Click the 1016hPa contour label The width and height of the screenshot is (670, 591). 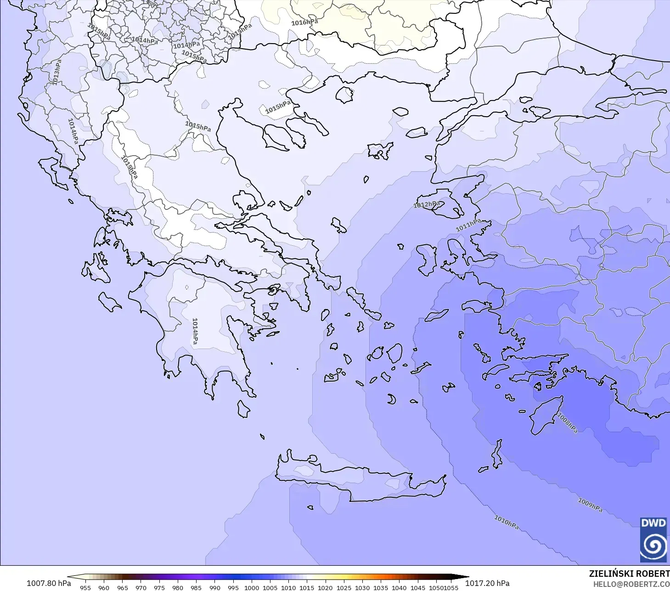304,22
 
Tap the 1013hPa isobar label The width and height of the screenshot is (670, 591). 56,72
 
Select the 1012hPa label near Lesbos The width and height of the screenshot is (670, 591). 427,204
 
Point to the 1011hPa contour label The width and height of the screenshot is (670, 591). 468,225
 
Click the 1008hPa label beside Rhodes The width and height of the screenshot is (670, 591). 567,423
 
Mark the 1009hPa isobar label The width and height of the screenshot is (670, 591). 590,505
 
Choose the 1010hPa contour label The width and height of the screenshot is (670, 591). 507,522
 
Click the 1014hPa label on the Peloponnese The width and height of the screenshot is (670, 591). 195,331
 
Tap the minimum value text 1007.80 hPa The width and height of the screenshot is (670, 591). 49,583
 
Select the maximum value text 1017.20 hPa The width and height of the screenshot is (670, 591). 487,583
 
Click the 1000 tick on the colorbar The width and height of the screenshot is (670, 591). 251,588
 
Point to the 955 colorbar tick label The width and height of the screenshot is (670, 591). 85,588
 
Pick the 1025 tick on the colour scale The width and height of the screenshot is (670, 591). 343,588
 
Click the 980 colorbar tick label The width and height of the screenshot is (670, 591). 178,588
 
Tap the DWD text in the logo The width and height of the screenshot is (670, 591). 653,523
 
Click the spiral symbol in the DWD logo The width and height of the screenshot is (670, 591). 653,546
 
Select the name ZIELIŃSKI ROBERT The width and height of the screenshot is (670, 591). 629,574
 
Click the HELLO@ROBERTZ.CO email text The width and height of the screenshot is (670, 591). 631,585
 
